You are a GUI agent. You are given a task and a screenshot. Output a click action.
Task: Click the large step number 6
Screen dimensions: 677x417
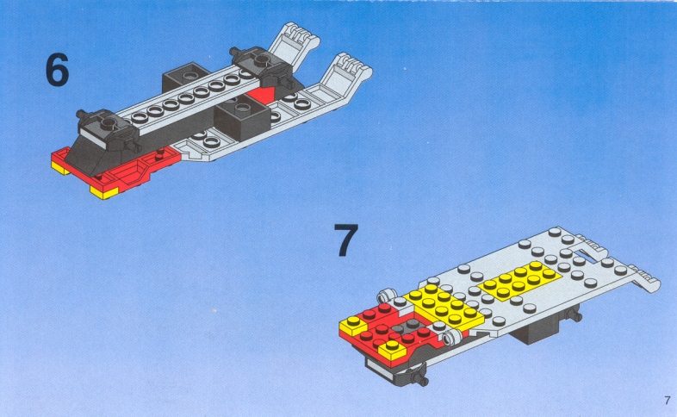tap(57, 70)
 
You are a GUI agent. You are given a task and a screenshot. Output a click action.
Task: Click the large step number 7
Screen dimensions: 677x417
tap(346, 240)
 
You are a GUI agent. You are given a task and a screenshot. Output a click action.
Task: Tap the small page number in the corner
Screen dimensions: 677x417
tap(668, 400)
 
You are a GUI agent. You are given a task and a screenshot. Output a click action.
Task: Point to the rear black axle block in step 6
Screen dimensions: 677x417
tap(262, 68)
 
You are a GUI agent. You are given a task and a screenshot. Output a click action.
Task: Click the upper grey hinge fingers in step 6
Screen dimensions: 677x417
tap(295, 44)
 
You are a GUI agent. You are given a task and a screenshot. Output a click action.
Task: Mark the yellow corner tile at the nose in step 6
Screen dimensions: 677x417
tap(60, 167)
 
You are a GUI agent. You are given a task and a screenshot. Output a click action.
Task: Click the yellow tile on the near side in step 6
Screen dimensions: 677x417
tap(104, 191)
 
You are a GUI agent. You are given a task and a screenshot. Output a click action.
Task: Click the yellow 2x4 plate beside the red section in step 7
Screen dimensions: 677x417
tap(444, 306)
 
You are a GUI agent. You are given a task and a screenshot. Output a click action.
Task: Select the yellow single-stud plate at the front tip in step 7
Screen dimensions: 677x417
tap(353, 325)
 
